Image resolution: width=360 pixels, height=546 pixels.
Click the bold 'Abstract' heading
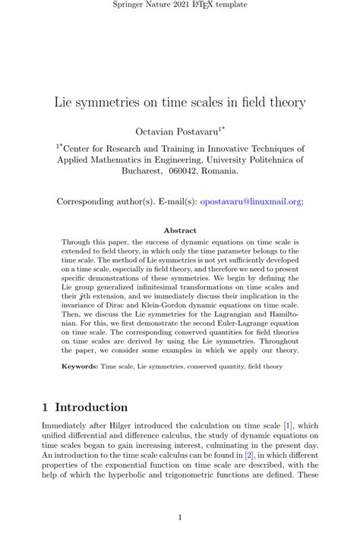(x=180, y=230)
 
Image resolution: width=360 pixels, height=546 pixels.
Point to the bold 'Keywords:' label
(x=79, y=366)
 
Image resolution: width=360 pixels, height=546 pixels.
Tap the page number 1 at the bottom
(x=180, y=518)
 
